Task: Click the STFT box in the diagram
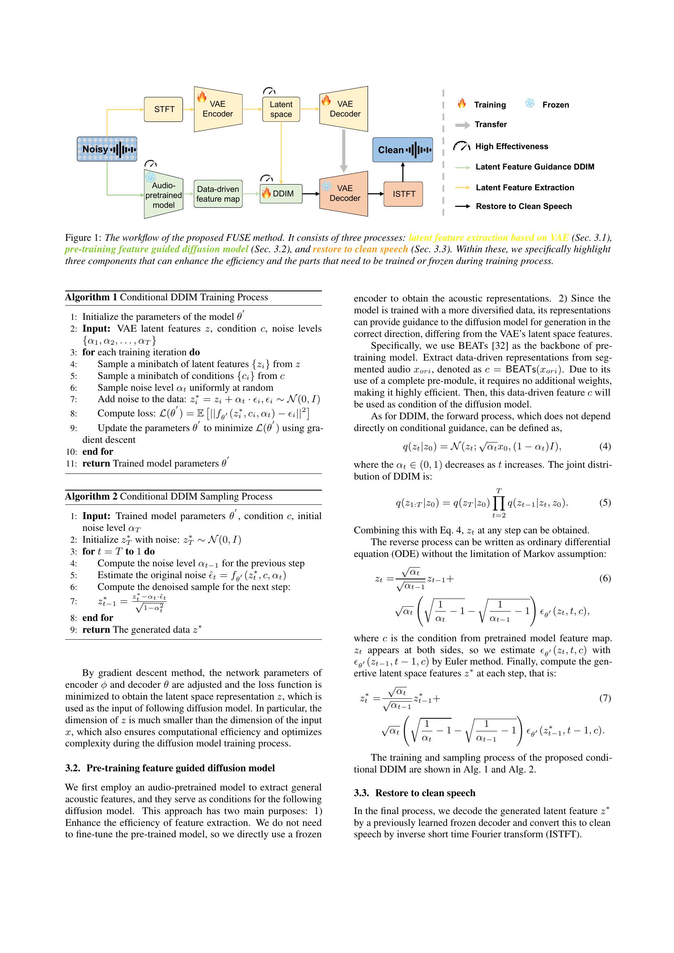click(163, 110)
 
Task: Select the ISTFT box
click(403, 194)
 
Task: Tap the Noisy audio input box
click(107, 149)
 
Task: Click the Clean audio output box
click(402, 150)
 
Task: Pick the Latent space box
click(281, 110)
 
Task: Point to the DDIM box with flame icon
click(281, 194)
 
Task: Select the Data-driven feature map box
click(218, 194)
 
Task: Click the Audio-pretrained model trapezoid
click(163, 194)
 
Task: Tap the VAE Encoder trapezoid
click(218, 109)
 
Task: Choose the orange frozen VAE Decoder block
click(344, 194)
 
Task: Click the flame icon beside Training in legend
click(462, 104)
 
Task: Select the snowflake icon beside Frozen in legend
click(530, 104)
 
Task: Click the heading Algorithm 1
click(91, 297)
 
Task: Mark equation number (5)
click(605, 503)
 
